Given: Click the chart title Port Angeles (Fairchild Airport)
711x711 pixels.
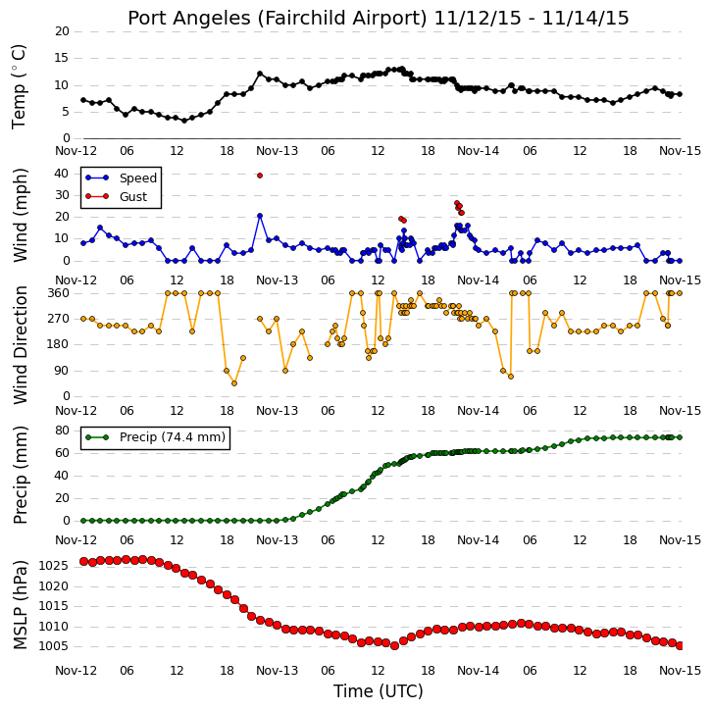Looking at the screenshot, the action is [278, 19].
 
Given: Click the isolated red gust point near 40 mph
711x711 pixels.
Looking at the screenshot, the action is [260, 176].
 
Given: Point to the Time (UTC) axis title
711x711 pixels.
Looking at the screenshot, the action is [379, 691].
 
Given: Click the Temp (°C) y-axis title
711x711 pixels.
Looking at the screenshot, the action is [19, 87].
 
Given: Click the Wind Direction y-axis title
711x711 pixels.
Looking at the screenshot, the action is [20, 344].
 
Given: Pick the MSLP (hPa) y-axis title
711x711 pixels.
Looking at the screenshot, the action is [20, 605].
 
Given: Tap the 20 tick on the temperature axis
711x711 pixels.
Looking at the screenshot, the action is [62, 31].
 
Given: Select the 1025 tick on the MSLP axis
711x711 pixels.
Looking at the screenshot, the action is [54, 566].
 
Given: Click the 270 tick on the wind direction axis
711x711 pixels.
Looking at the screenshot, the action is [59, 319].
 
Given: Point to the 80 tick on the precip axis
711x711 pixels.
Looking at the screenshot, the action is [62, 431].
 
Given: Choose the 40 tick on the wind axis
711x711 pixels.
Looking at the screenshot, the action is [62, 174].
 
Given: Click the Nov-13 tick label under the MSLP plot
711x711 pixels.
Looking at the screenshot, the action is [278, 670].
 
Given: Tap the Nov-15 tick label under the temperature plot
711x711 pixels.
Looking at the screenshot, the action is [680, 151].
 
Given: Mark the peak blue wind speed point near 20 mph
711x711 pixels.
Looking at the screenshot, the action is [260, 216].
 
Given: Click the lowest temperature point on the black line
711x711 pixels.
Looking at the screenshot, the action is [184, 121].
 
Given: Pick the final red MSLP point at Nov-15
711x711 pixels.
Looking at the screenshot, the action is [680, 645].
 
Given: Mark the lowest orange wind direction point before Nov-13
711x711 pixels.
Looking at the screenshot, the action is [234, 383].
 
